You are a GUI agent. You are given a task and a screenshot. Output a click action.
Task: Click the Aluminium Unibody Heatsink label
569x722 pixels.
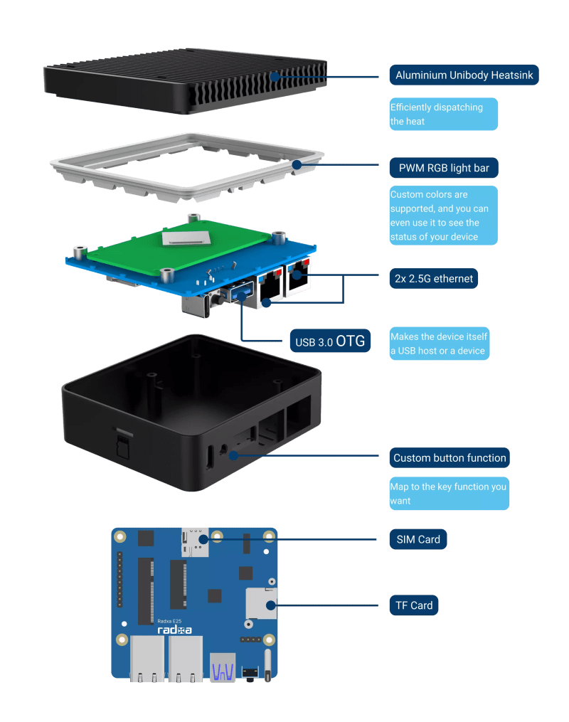pyautogui.click(x=463, y=75)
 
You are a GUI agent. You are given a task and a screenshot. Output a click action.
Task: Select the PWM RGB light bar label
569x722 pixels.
pyautogui.click(x=443, y=169)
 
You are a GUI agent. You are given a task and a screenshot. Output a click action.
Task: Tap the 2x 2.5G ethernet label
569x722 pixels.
pyautogui.click(x=433, y=278)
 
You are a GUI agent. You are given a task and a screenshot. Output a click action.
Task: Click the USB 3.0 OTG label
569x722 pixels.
pyautogui.click(x=330, y=341)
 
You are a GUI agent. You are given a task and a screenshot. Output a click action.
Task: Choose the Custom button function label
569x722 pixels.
pyautogui.click(x=450, y=458)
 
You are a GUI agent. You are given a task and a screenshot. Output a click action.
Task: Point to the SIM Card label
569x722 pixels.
pyautogui.click(x=418, y=539)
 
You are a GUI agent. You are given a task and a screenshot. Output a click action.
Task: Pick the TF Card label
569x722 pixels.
pyautogui.click(x=414, y=605)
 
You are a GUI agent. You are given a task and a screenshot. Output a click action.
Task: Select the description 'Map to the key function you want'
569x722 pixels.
pyautogui.click(x=449, y=494)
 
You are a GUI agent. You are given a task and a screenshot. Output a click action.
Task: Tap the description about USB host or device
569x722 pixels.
pyautogui.click(x=439, y=344)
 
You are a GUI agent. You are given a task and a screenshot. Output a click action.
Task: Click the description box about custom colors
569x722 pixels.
pyautogui.click(x=443, y=216)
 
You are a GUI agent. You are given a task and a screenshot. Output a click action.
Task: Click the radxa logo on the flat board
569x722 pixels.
pyautogui.click(x=174, y=630)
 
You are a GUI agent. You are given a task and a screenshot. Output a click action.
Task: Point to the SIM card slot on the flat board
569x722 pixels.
pyautogui.click(x=195, y=541)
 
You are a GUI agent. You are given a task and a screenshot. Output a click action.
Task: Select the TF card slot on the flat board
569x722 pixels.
pyautogui.click(x=261, y=603)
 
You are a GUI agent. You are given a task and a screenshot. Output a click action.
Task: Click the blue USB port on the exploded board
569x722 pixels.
pyautogui.click(x=243, y=292)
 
